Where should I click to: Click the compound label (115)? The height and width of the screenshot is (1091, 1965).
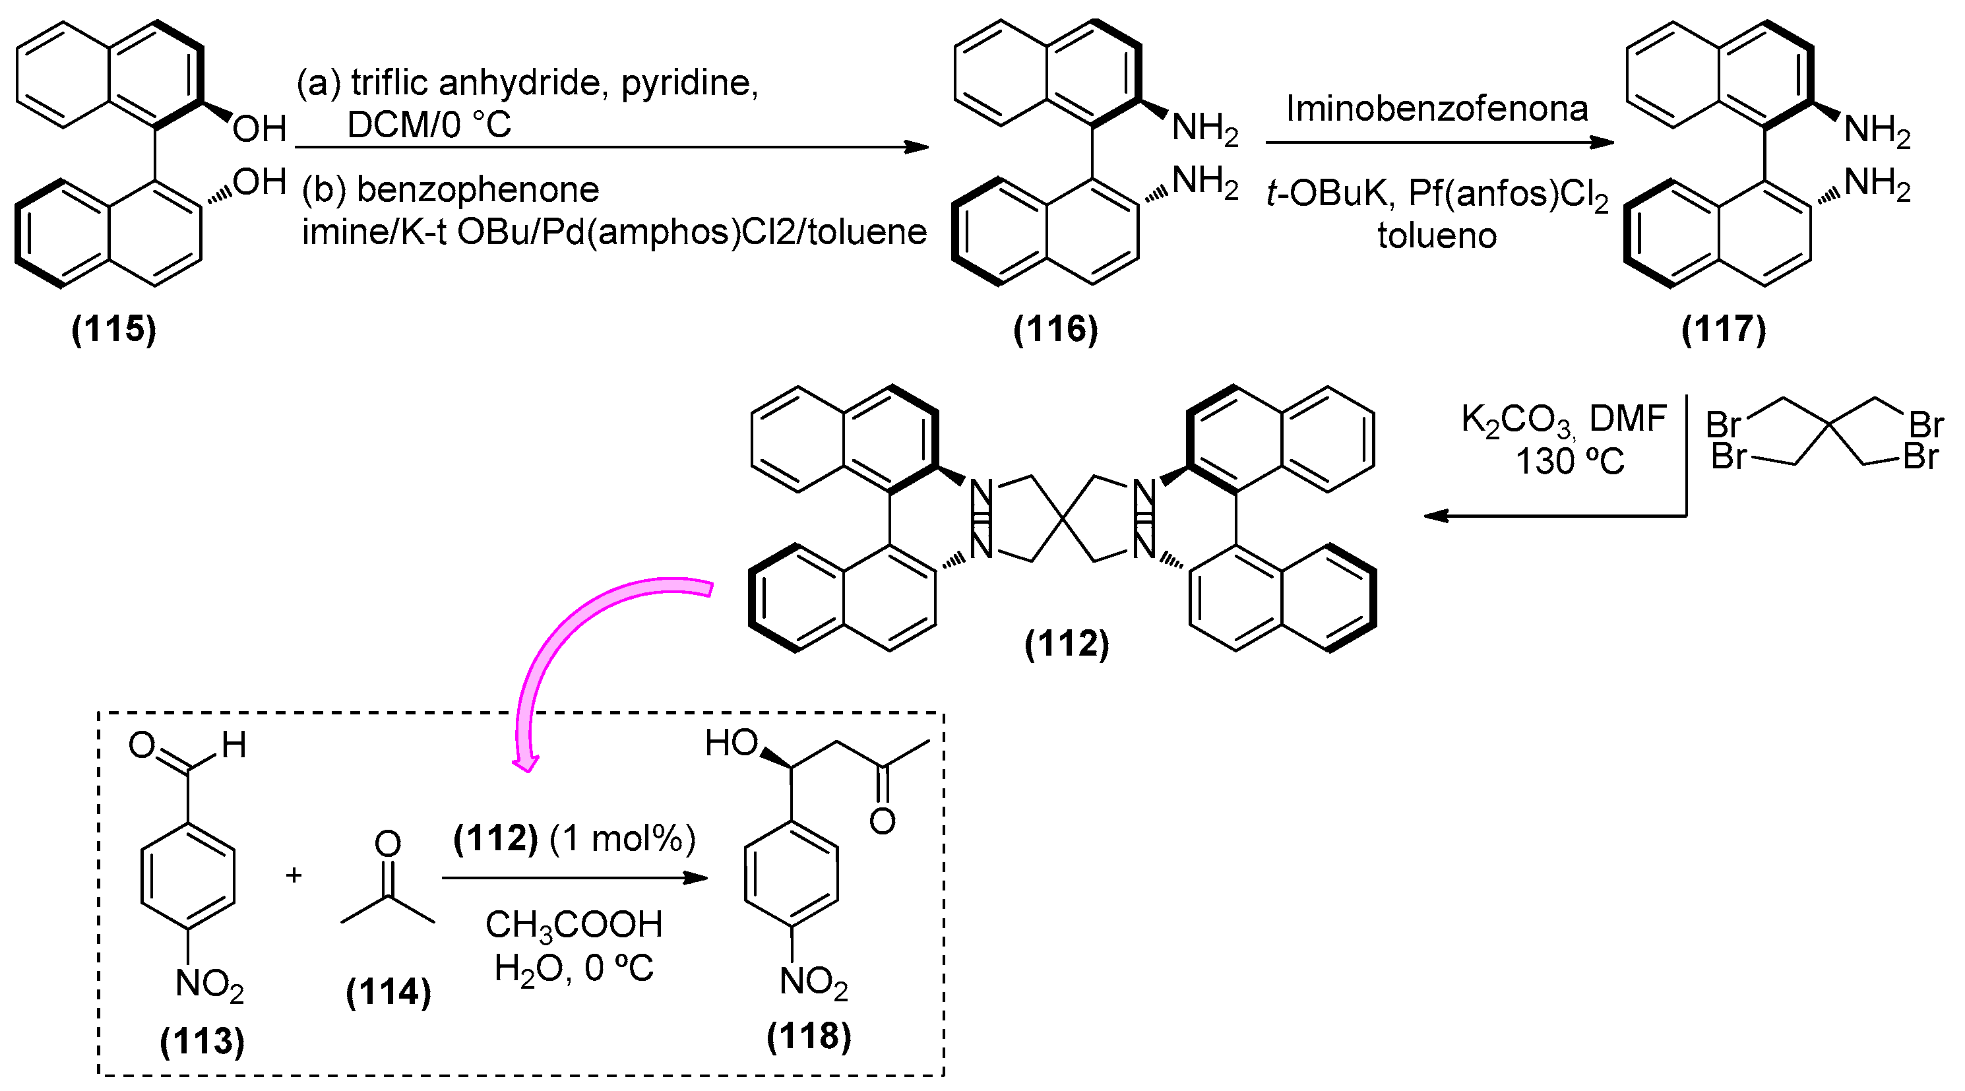click(x=113, y=329)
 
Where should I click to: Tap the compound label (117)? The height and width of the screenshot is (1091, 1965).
click(x=1724, y=329)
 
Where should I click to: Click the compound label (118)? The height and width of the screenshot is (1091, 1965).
click(x=809, y=1036)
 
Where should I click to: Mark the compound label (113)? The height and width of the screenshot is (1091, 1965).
click(x=202, y=1041)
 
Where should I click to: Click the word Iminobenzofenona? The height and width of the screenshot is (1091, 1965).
click(x=1437, y=108)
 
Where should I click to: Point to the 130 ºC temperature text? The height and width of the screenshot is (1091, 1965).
click(x=1570, y=462)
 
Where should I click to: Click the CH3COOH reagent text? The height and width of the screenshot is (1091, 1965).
click(x=574, y=925)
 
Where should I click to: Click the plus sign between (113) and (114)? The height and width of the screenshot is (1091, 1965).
click(x=294, y=875)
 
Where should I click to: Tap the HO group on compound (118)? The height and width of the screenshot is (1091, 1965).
click(x=731, y=742)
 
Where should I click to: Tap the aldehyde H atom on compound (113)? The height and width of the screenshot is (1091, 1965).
click(x=234, y=745)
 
